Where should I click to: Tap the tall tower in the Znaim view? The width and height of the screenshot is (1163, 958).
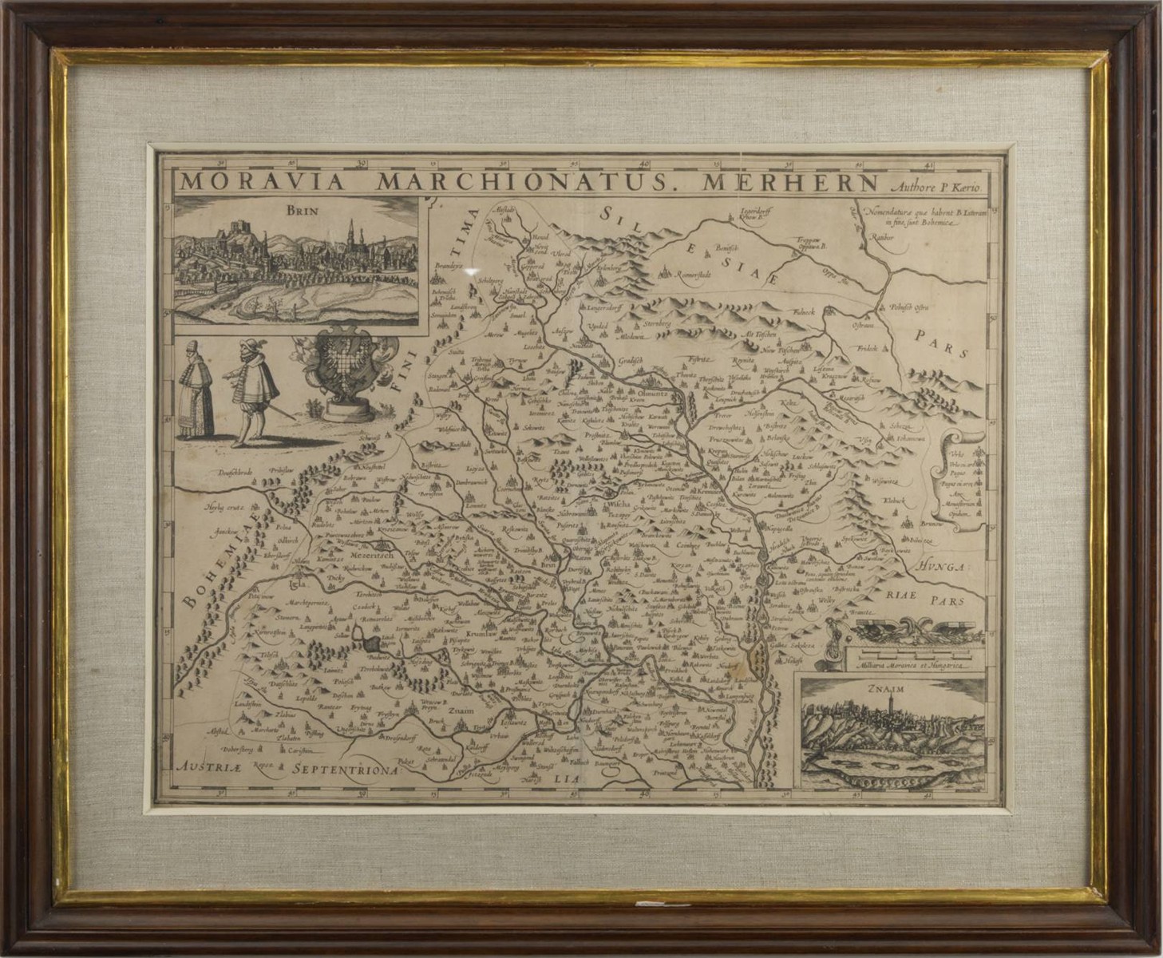(890, 706)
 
